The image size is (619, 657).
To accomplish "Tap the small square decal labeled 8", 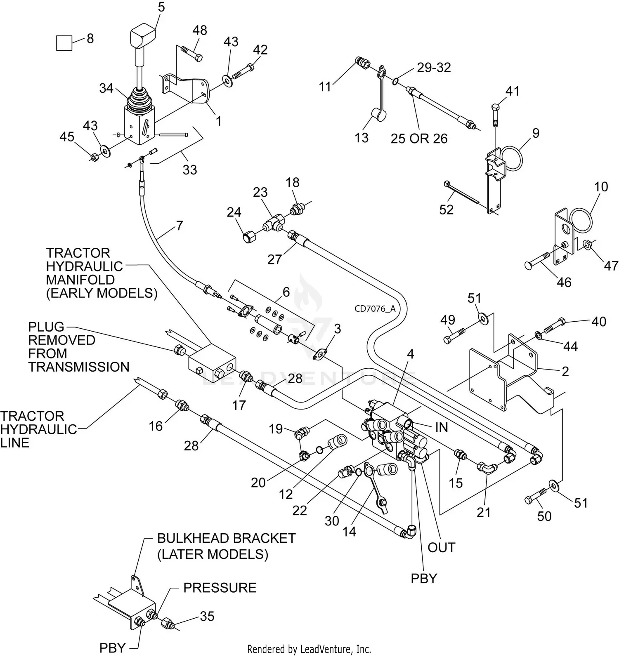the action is click(x=64, y=43).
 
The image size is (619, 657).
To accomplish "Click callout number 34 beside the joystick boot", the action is click(x=106, y=88).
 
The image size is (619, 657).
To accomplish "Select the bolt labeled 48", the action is click(x=191, y=54).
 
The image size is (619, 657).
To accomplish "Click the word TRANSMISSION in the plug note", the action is click(x=79, y=367).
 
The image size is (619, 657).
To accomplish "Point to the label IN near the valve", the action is click(x=441, y=427).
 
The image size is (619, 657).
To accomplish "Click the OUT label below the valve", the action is click(x=441, y=547).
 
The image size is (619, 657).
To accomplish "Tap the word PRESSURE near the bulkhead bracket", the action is click(x=220, y=587).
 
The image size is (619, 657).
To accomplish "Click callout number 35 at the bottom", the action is click(x=207, y=616).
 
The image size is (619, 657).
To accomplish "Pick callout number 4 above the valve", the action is click(x=410, y=354).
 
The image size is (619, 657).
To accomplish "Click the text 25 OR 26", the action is click(x=419, y=139).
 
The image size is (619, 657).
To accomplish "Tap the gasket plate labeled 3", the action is click(x=320, y=354).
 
